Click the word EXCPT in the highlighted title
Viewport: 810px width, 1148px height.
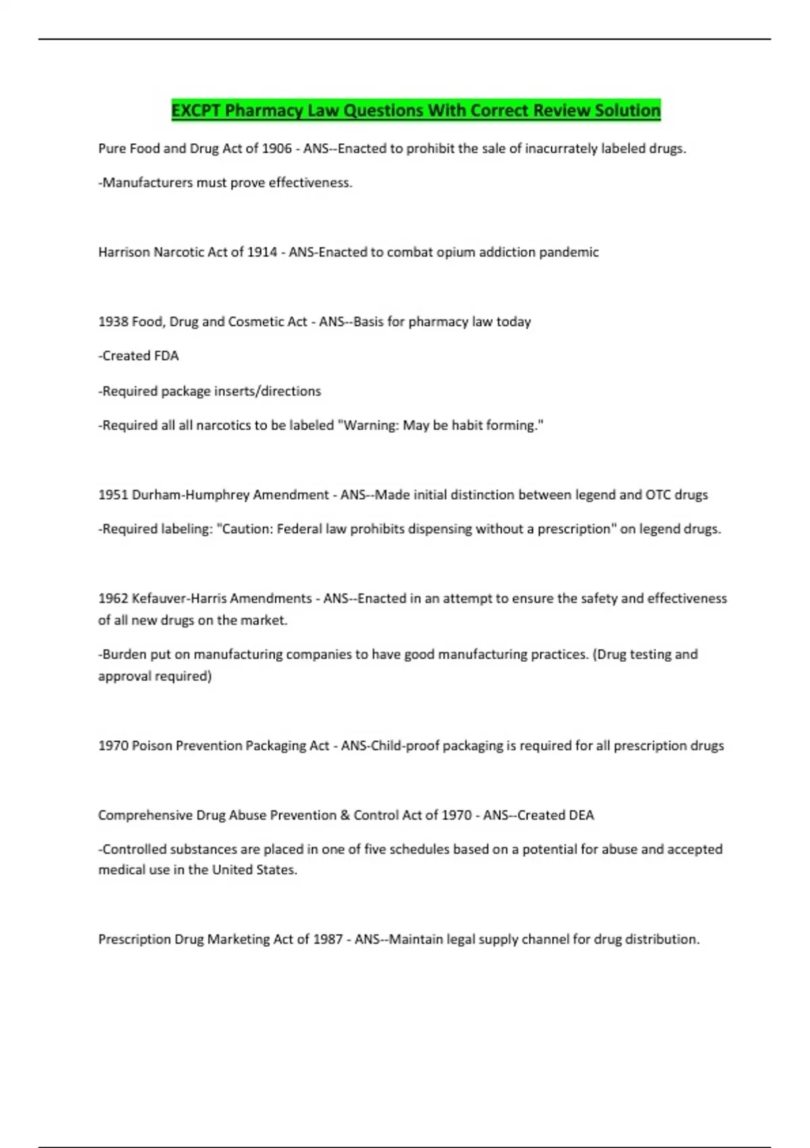point(196,110)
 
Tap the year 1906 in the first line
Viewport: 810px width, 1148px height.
point(276,149)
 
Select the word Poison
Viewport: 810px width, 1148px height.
point(152,746)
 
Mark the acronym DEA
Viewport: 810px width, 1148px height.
point(581,815)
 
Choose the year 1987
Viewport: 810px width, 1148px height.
point(327,939)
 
